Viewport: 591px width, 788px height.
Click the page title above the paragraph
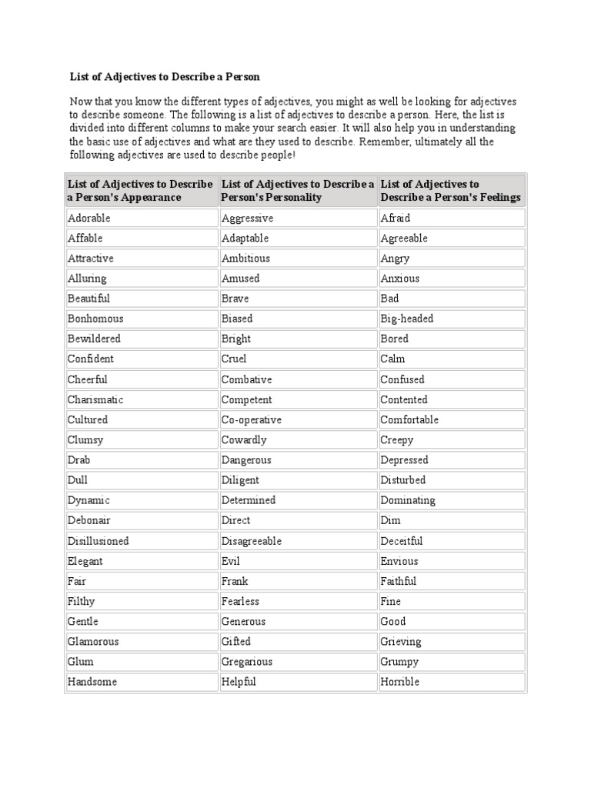pyautogui.click(x=165, y=76)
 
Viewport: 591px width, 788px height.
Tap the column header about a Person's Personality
pyautogui.click(x=297, y=191)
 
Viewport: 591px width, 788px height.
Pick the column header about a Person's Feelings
pyautogui.click(x=451, y=191)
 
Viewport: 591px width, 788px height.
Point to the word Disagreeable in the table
pyautogui.click(x=252, y=541)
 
